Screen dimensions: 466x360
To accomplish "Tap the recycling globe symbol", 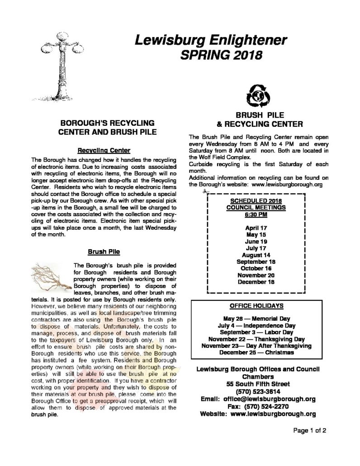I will (256, 95).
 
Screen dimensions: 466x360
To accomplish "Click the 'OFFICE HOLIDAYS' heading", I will (256, 305).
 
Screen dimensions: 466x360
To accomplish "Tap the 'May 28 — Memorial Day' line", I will (256, 319).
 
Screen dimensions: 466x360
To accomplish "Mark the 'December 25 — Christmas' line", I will (256, 352).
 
